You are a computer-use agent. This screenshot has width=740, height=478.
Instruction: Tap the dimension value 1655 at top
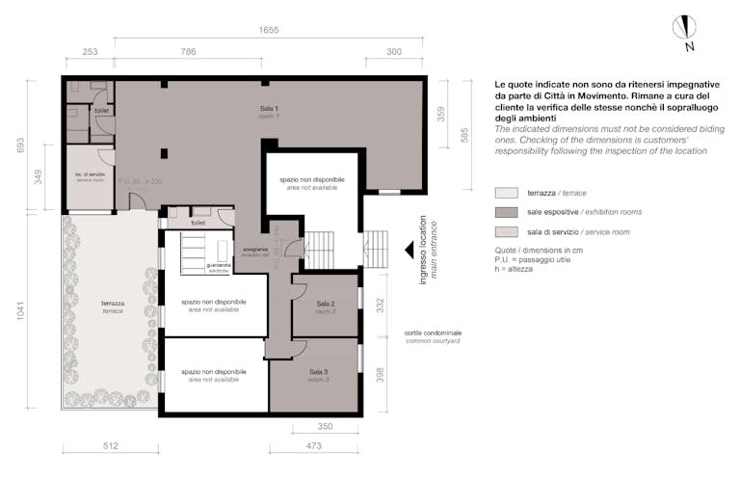pos(269,30)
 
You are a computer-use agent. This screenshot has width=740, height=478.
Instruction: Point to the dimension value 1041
pos(20,314)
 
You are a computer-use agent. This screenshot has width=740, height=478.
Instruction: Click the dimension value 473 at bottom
pos(313,445)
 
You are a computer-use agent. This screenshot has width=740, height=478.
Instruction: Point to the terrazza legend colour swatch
pos(507,193)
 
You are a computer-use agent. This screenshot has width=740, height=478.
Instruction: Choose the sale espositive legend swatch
pos(507,212)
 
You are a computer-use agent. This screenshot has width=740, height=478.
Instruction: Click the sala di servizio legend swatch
pos(507,232)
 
